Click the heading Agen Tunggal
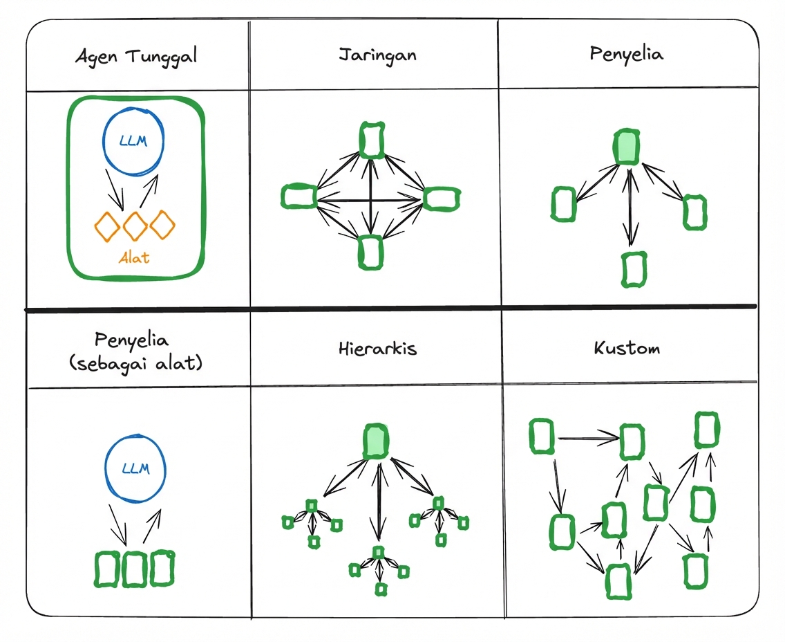[x=136, y=56]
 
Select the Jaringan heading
[x=377, y=55]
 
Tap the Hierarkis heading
[x=377, y=348]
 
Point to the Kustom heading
[x=626, y=347]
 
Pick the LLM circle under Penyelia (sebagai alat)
[x=135, y=468]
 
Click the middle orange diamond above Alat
[x=135, y=225]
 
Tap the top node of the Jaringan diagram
[x=372, y=140]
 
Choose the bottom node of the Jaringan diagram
[x=371, y=251]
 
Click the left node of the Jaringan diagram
[x=299, y=196]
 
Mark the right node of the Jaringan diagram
[x=441, y=198]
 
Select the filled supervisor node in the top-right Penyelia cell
[x=627, y=147]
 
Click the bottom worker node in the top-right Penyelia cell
[x=632, y=269]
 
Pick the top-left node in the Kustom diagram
[x=542, y=437]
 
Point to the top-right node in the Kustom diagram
[x=706, y=430]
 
